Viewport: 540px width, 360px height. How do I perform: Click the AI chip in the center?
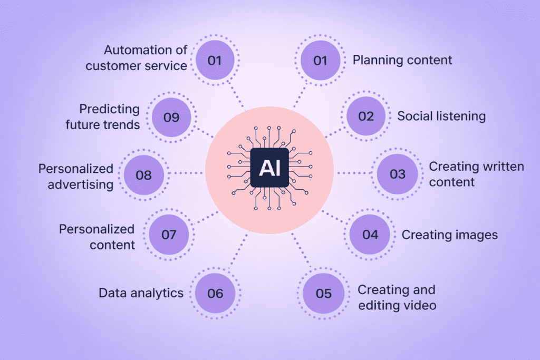[269, 168]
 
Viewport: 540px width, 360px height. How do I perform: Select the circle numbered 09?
[171, 117]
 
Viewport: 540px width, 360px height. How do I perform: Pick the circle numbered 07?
[169, 235]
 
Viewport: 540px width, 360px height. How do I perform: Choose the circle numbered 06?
[215, 293]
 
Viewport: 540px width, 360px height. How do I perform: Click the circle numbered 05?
[323, 293]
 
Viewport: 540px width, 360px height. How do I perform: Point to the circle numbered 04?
[370, 235]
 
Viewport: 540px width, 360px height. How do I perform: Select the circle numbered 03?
[397, 174]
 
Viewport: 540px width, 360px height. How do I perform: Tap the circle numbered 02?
[365, 116]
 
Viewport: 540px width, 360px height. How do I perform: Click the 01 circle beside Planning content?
[321, 60]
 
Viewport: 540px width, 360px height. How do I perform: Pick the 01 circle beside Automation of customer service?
[214, 60]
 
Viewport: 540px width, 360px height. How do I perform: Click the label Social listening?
[441, 116]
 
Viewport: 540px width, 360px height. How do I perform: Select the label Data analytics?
[141, 293]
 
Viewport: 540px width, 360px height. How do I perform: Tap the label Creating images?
[449, 235]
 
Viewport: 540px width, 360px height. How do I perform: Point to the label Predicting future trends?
[110, 116]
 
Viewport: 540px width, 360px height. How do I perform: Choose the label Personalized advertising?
[75, 176]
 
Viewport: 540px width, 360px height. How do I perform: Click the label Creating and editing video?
[397, 297]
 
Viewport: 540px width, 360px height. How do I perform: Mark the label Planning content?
[402, 60]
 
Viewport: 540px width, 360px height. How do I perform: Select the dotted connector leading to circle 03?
[354, 173]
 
